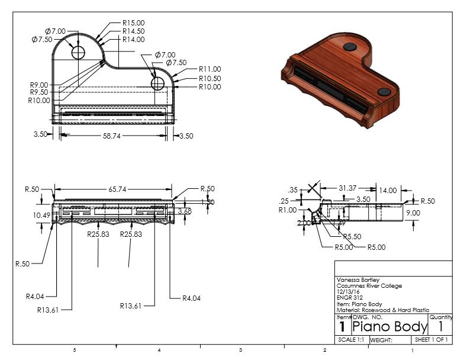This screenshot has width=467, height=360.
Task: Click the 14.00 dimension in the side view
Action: pyautogui.click(x=388, y=191)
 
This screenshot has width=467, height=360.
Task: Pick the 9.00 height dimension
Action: pyautogui.click(x=413, y=213)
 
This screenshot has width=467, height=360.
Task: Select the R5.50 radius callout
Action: pyautogui.click(x=352, y=236)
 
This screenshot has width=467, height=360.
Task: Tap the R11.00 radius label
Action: pyautogui.click(x=210, y=69)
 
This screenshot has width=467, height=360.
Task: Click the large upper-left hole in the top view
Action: pyautogui.click(x=79, y=53)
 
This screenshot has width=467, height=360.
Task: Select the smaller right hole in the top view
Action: pyautogui.click(x=157, y=83)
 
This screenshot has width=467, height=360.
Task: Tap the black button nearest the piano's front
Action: pyautogui.click(x=384, y=92)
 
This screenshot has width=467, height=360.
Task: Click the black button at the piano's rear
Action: pyautogui.click(x=350, y=46)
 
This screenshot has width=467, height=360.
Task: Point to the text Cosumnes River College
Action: pyautogui.click(x=369, y=286)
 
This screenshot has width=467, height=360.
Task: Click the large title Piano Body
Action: pyautogui.click(x=389, y=327)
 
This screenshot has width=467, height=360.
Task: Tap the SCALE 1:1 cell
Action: pyautogui.click(x=352, y=340)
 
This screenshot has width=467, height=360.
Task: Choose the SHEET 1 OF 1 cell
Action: pyautogui.click(x=431, y=340)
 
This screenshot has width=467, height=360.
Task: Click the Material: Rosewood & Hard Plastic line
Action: pyautogui.click(x=382, y=310)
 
